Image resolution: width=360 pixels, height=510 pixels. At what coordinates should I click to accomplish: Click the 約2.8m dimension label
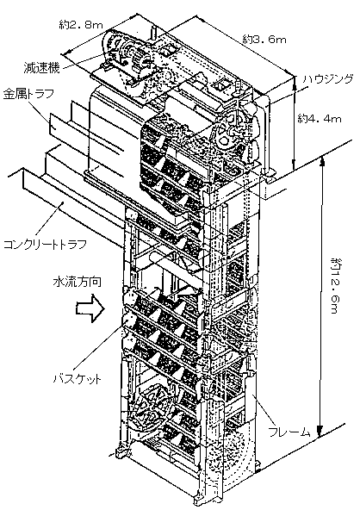click(81, 24)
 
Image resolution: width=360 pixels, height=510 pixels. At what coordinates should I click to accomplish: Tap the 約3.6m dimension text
click(264, 40)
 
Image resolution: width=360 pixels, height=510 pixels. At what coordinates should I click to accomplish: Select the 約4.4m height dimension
click(320, 119)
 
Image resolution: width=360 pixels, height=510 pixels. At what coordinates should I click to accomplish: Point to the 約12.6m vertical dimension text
click(334, 285)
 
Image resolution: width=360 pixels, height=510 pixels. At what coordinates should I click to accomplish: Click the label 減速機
click(41, 67)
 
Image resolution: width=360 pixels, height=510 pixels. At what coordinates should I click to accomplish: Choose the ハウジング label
click(327, 79)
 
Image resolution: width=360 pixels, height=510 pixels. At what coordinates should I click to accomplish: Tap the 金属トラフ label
click(28, 94)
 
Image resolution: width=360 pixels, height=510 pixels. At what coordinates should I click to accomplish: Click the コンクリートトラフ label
click(45, 244)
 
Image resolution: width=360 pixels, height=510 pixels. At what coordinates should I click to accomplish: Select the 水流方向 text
click(77, 282)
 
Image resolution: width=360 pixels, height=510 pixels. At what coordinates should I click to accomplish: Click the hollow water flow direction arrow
click(90, 308)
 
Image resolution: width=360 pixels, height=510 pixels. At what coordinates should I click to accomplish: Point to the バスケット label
click(78, 379)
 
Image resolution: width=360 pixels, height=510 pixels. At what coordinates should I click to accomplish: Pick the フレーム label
click(289, 432)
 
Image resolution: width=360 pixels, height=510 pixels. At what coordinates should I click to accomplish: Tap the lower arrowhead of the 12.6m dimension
click(321, 432)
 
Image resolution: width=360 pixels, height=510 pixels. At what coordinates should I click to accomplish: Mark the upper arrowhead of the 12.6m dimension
click(322, 163)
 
